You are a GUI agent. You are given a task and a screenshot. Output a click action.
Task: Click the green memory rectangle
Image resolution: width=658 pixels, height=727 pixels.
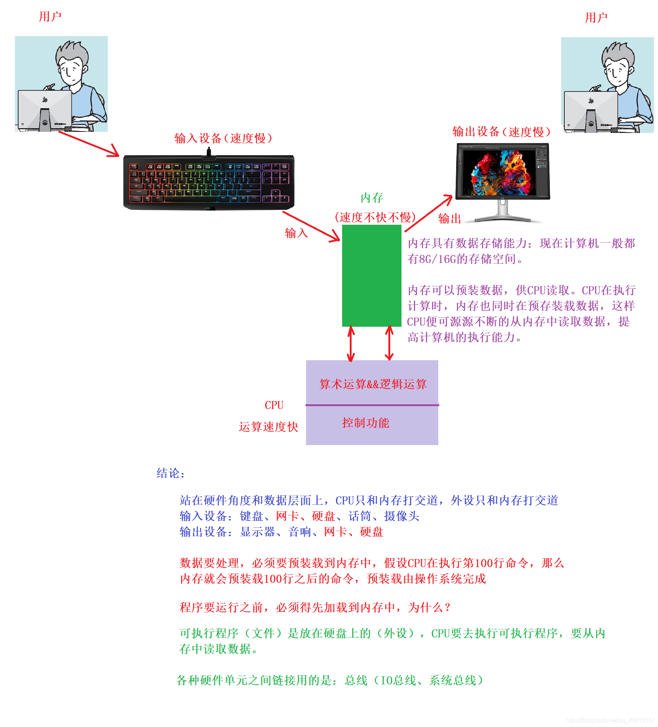[371, 275]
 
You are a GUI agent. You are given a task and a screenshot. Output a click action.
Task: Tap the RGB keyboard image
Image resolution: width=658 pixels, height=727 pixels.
[209, 182]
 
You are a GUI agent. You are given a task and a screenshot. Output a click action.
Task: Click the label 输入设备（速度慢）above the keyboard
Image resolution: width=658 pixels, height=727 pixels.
[223, 138]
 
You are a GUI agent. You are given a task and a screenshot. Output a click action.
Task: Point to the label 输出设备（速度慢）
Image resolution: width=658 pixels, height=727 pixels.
[501, 132]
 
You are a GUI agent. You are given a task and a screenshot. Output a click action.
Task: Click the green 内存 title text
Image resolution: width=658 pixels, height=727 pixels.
[372, 198]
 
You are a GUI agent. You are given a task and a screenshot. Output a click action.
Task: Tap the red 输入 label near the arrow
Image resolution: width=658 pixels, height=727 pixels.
[296, 233]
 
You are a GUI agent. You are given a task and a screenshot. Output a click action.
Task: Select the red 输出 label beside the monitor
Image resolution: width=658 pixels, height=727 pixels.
[449, 219]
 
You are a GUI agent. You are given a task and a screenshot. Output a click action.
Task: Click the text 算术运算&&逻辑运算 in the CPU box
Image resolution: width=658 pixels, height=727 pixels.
[372, 384]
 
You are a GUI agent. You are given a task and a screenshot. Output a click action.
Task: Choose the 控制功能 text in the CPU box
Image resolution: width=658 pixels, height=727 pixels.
[365, 423]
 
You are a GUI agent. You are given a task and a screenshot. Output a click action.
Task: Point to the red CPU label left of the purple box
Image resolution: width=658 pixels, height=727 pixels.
[274, 405]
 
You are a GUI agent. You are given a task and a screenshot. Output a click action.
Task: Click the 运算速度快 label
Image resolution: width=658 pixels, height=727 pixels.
[269, 427]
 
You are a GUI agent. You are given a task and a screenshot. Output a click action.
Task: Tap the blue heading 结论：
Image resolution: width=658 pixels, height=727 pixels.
[171, 473]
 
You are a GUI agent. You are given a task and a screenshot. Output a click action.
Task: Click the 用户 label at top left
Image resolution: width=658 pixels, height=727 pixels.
[50, 17]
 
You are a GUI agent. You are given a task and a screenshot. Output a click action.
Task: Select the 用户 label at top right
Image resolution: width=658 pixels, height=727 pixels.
[596, 17]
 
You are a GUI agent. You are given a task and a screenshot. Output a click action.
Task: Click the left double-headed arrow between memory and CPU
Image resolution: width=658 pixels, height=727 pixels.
[351, 343]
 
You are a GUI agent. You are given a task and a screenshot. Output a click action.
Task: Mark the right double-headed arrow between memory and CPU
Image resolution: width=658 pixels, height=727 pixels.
[389, 343]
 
